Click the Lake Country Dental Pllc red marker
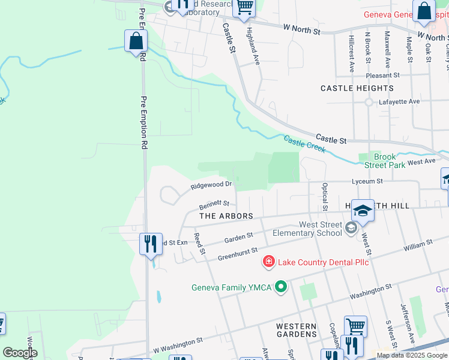tap(268, 262)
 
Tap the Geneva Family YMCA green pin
tap(280, 287)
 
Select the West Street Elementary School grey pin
tap(352, 227)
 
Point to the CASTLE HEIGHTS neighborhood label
tap(357, 88)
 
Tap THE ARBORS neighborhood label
tap(226, 215)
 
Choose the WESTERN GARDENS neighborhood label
tap(297, 329)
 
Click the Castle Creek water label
tap(304, 144)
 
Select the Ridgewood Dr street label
tap(211, 185)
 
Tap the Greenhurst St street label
tap(237, 254)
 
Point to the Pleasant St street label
tap(383, 76)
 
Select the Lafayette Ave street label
tap(399, 101)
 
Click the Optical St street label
tap(324, 197)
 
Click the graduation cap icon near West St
tap(363, 210)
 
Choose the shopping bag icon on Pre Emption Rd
tap(136, 41)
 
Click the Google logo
tap(20, 353)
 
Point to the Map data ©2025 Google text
tap(411, 355)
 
